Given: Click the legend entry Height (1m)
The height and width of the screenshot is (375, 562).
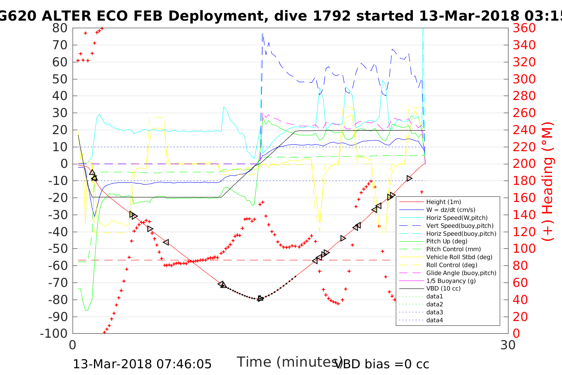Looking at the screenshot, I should pos(443,202).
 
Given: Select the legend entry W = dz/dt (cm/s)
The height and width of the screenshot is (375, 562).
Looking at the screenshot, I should pos(451,210).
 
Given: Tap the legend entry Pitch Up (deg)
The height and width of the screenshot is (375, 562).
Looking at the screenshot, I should pos(447,241).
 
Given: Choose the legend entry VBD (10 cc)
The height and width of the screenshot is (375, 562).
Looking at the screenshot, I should pos(443,288).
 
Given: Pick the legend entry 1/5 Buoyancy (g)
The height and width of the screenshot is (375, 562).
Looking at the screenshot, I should pos(451,281).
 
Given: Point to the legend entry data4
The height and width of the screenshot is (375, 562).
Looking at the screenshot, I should pos(435,320).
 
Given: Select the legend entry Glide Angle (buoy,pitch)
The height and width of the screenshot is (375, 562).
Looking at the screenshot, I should pos(461,273).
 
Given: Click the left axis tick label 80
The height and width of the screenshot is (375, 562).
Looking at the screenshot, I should pos(59,28).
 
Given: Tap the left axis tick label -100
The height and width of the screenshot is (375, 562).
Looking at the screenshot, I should pos(54,333).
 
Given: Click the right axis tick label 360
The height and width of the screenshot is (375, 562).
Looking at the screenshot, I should pos(524,28).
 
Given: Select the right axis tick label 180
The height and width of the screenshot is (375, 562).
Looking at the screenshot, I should pos(524,181).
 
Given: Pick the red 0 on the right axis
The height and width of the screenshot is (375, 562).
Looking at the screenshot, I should pos(516,333).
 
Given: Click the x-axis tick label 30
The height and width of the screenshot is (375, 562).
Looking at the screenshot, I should pos(508,345).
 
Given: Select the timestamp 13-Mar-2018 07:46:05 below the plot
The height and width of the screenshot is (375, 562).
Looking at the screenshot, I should pos(142,364).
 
